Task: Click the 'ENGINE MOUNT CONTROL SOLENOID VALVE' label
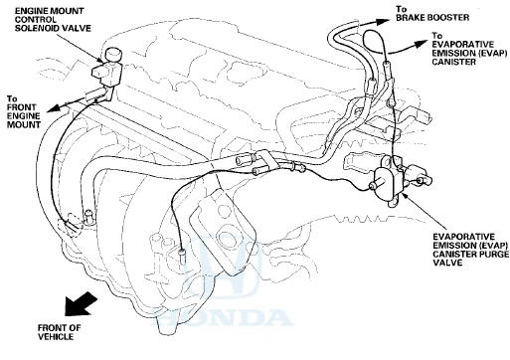pos(53,20)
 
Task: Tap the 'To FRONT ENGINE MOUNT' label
pos(24,111)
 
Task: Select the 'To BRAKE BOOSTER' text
pos(432,14)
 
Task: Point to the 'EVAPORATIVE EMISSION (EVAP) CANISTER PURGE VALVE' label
pos(470,250)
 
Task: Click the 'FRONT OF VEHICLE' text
pos(60,332)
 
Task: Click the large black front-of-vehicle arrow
pos(80,303)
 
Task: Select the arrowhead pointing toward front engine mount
pos(54,107)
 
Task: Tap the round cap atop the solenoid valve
pos(113,56)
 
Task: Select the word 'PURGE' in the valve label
pos(493,254)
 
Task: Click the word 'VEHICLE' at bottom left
pos(56,337)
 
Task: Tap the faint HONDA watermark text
pos(223,317)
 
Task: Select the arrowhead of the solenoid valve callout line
pos(100,60)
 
